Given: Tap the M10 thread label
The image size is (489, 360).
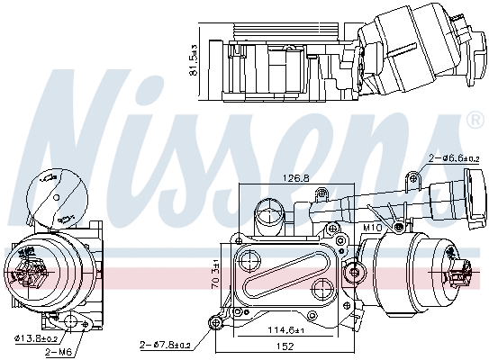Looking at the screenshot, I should (373, 228).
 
